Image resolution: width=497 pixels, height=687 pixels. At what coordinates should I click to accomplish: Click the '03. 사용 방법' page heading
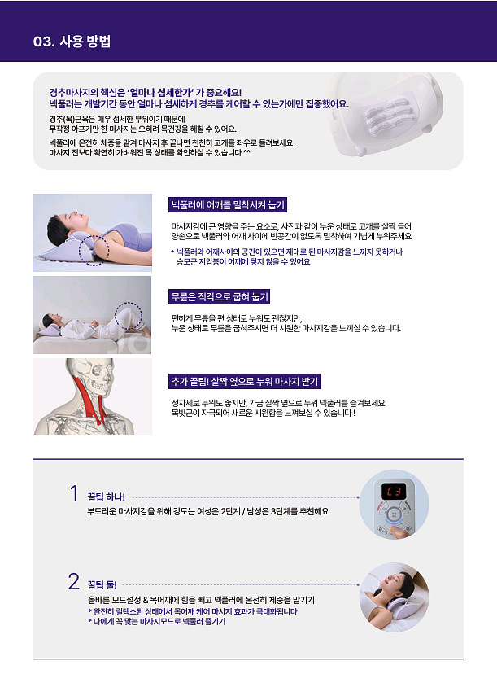click(72, 42)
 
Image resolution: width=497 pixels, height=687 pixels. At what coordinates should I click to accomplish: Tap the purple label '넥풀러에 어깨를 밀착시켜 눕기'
click(228, 204)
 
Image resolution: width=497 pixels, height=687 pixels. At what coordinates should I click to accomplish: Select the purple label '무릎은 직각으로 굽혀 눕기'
click(219, 296)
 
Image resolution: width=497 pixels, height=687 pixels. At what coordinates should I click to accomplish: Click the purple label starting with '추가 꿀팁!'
click(245, 381)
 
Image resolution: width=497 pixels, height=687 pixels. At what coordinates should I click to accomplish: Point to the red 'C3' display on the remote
click(394, 491)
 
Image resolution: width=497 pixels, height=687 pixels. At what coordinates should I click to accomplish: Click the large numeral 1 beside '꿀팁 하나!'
click(74, 494)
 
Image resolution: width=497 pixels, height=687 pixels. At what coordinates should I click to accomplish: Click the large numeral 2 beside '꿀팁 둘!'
click(73, 581)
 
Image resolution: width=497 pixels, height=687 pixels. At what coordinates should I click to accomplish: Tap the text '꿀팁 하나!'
click(106, 497)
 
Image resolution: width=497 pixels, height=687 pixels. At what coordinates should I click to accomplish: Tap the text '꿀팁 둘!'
click(102, 584)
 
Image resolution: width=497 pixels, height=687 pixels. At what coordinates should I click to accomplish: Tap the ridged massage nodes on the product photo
click(386, 117)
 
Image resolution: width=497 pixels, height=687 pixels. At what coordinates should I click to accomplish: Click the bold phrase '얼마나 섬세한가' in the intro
click(160, 93)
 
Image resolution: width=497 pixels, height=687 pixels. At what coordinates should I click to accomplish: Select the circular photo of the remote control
click(394, 504)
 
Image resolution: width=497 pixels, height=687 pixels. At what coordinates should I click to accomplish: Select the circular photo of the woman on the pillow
click(394, 597)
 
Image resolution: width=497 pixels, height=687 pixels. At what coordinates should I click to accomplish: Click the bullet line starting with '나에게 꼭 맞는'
click(157, 621)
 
